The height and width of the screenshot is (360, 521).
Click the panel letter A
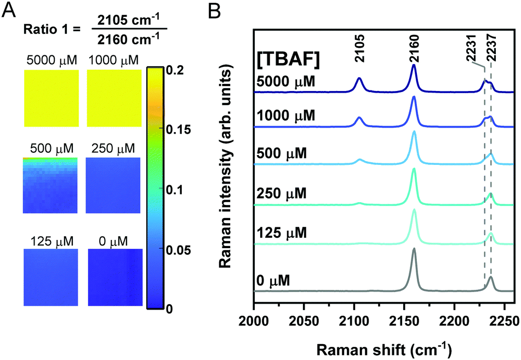coord(9,11)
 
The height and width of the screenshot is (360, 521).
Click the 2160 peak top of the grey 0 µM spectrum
coord(414,249)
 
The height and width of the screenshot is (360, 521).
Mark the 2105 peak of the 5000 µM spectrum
coord(359,78)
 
